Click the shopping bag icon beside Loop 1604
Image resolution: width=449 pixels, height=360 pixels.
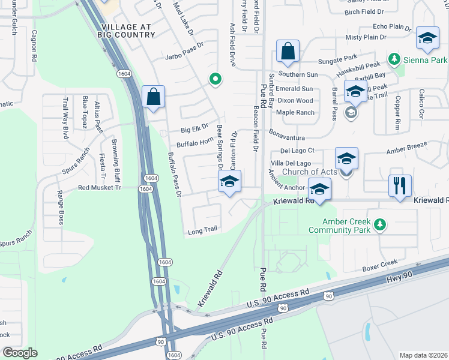[154, 97]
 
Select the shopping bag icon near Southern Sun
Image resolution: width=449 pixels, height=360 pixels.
[288, 52]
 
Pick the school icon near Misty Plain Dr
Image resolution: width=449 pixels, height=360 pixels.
[427, 40]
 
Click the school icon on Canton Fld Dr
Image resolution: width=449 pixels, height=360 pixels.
[229, 182]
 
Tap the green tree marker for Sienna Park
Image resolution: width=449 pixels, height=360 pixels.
[394, 59]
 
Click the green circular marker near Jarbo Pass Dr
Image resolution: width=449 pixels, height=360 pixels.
[214, 79]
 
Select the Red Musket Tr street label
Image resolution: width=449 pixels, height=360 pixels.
[100, 188]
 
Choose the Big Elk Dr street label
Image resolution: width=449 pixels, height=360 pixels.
[194, 127]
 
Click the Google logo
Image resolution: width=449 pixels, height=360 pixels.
[20, 353]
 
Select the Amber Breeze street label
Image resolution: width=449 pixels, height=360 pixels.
[406, 149]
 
